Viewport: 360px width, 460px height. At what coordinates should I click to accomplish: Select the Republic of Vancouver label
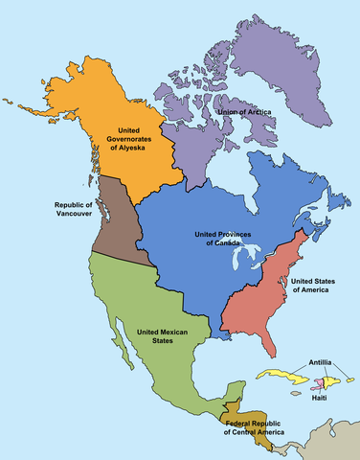[x=73, y=211]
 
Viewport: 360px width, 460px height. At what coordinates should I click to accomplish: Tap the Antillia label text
[x=321, y=362]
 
